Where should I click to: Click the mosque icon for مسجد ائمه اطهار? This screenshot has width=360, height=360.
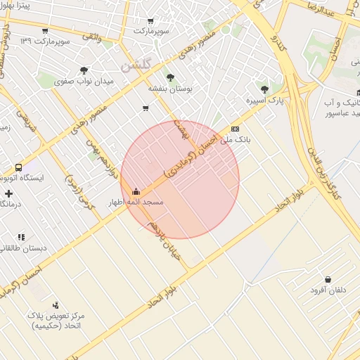tap(136, 191)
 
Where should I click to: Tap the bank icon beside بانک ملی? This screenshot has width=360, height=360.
tap(234, 129)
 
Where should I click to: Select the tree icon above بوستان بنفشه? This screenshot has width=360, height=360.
tap(169, 77)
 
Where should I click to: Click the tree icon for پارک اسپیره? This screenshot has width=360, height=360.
tap(264, 89)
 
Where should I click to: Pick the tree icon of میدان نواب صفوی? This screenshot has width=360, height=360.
tap(84, 70)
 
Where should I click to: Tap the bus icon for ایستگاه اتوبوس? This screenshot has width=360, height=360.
tap(18, 167)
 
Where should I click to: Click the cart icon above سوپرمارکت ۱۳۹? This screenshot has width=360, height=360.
tap(46, 31)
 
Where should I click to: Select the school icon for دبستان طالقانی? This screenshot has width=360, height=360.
tap(21, 237)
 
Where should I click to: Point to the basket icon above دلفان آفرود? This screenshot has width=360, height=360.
tap(328, 278)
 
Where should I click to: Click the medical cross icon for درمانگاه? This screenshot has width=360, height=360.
tap(8, 193)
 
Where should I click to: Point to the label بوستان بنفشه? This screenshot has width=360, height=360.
tap(169, 89)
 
